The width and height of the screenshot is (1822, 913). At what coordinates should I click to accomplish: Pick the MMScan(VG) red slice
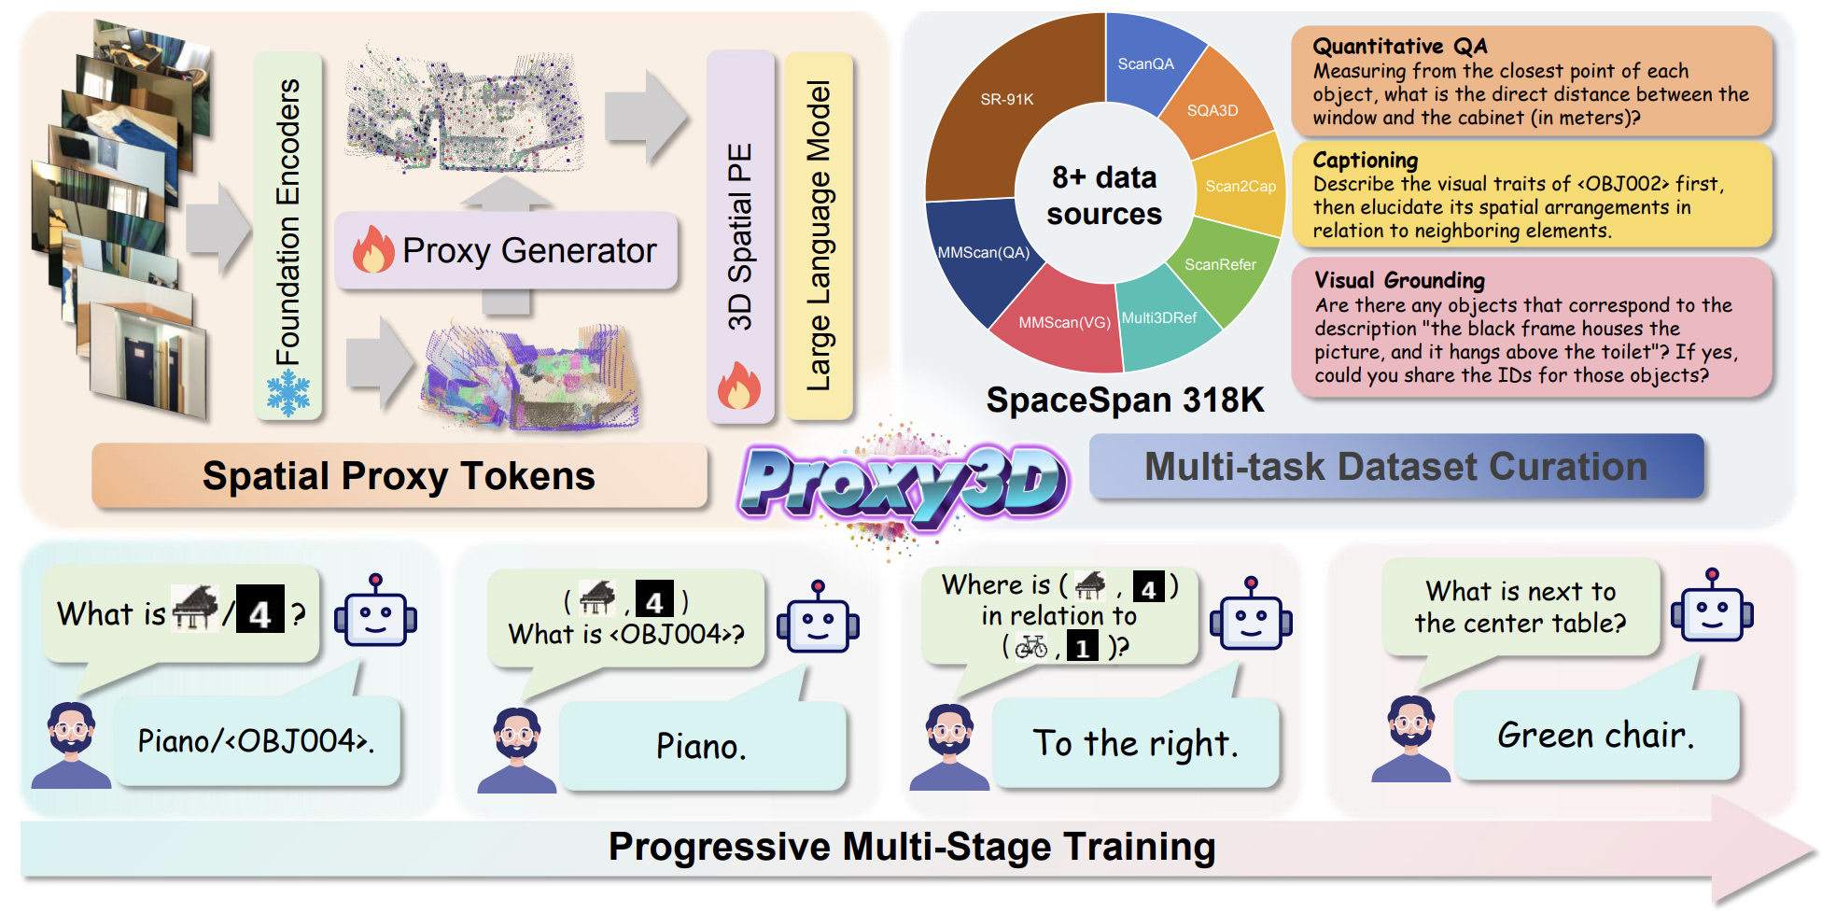[1063, 322]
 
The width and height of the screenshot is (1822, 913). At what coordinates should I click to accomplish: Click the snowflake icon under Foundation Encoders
[288, 393]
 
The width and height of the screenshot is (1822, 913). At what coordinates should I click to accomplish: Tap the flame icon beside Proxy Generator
[373, 250]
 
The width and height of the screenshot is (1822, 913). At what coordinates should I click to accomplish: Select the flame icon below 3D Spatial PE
[739, 386]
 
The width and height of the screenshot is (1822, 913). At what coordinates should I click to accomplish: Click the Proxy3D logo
[904, 481]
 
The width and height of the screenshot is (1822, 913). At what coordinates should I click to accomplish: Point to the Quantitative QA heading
[1399, 47]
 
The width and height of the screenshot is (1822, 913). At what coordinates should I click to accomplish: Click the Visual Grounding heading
[1399, 280]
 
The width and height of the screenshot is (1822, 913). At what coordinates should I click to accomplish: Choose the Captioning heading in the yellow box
[1365, 161]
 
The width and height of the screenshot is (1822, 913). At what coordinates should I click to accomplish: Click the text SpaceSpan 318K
[1125, 400]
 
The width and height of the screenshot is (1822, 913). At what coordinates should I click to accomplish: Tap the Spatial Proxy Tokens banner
[399, 476]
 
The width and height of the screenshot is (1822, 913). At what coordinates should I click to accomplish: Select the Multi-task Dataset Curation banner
[1395, 467]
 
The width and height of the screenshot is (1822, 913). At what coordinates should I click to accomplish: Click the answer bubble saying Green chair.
[1595, 736]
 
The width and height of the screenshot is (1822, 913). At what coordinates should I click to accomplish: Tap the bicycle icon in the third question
[1031, 646]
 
